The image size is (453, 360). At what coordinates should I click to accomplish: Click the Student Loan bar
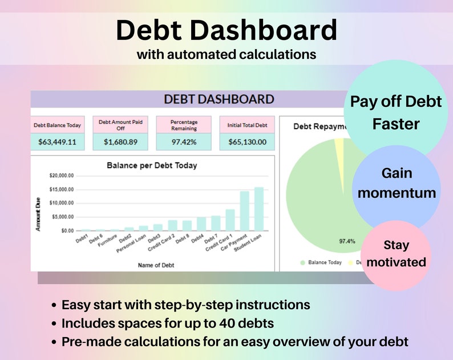[x=259, y=209]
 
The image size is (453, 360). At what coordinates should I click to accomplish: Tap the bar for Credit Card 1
[x=230, y=220]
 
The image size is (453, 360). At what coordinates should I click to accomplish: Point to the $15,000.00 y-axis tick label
[x=62, y=189]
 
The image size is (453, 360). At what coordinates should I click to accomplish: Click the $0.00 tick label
[x=67, y=230]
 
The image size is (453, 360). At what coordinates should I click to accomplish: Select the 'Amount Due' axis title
[x=38, y=215]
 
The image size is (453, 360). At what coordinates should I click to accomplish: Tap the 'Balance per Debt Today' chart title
[x=152, y=166]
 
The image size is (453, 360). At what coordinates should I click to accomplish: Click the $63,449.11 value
[x=57, y=142]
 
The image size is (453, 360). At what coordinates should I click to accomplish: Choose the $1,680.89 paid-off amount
[x=120, y=142]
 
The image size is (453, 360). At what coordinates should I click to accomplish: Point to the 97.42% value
[x=183, y=142]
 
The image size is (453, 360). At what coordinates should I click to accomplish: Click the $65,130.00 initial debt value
[x=248, y=142]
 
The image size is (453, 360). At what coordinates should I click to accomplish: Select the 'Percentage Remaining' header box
[x=183, y=125]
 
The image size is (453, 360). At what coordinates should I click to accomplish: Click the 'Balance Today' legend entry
[x=323, y=262]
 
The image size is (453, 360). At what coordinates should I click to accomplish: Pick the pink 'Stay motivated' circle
[x=396, y=254]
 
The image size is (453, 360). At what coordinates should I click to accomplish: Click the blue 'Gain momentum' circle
[x=397, y=183]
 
